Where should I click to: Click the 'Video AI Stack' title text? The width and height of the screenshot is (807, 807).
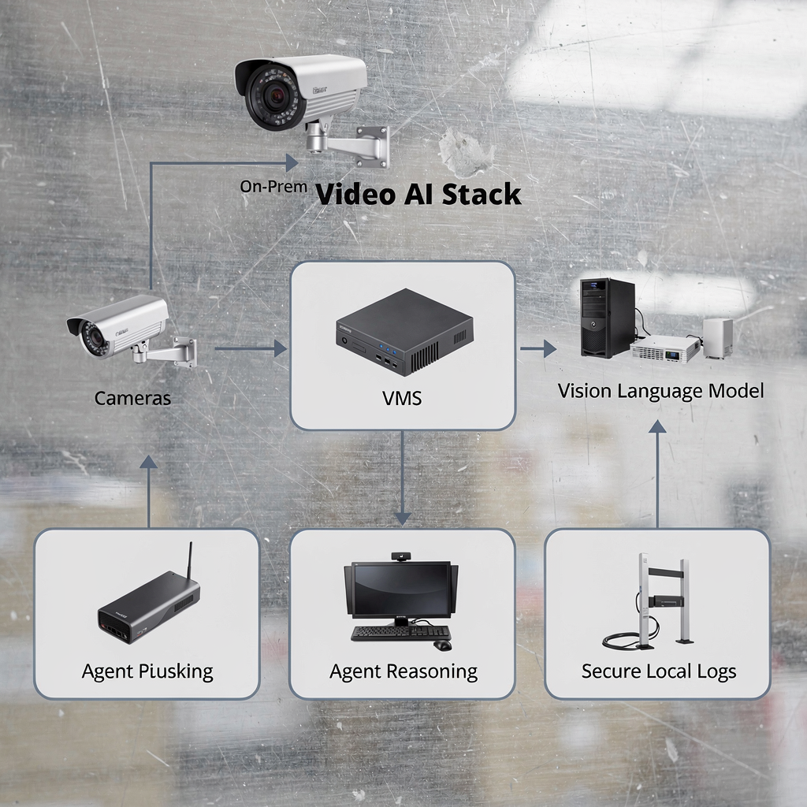(418, 194)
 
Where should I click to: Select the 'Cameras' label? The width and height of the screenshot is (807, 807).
(132, 398)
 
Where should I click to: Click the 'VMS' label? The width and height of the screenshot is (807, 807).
(401, 399)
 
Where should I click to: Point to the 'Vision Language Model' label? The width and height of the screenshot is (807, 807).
(660, 390)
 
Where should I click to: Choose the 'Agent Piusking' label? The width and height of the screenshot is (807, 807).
(147, 671)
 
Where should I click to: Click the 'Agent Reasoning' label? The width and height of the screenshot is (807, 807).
(403, 671)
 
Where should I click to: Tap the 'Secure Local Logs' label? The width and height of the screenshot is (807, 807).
(659, 671)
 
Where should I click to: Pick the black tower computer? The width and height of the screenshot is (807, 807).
(608, 317)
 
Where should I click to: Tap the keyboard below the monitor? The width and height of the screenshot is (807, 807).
(401, 632)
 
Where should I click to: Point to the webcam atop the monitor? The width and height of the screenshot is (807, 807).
(402, 557)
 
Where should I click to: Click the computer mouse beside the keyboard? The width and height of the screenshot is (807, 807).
(443, 645)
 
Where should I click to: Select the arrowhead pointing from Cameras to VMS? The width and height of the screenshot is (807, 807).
(280, 348)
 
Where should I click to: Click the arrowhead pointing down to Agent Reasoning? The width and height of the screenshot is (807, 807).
(402, 518)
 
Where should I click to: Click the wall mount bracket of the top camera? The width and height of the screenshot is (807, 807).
(363, 146)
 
